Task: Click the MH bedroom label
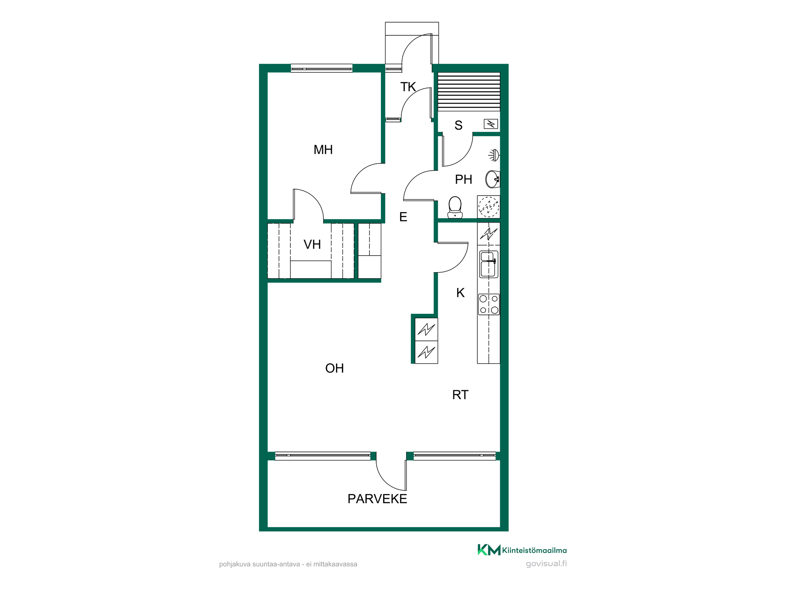[323, 150]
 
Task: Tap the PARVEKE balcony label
[377, 499]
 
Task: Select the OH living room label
[334, 368]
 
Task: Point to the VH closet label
[312, 245]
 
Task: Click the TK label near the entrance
[408, 87]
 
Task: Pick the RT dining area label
[460, 395]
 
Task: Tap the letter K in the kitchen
[460, 293]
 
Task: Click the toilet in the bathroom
[455, 207]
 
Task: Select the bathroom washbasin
[493, 179]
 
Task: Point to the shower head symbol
[494, 155]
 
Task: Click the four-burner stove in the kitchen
[489, 304]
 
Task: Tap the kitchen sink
[489, 264]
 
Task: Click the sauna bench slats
[469, 92]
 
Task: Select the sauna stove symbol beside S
[491, 124]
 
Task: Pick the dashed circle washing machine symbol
[488, 206]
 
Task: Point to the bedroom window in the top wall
[321, 68]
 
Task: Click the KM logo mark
[489, 550]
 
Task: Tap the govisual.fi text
[546, 564]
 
